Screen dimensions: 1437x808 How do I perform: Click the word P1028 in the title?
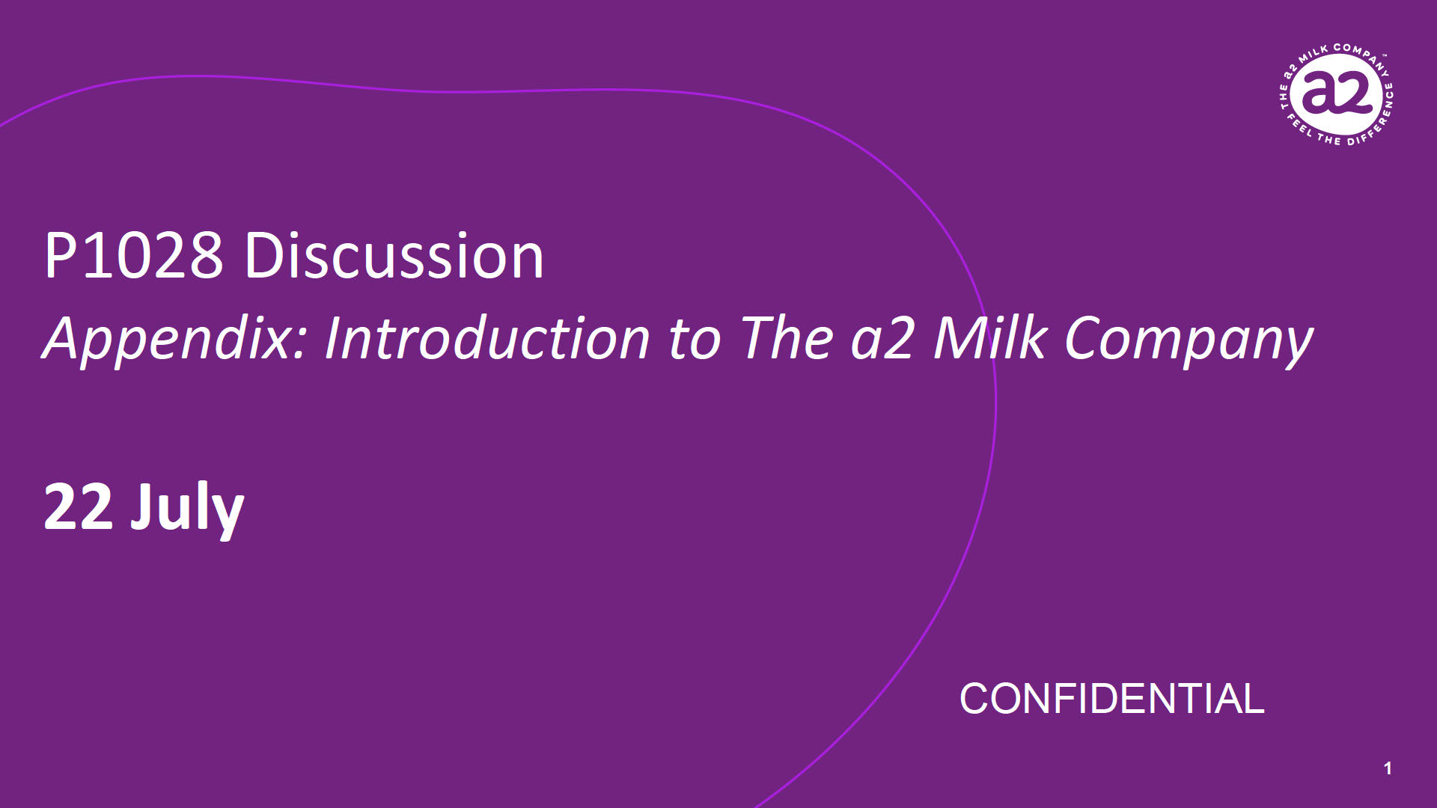click(x=134, y=256)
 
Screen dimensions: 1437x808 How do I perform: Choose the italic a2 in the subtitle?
click(x=882, y=339)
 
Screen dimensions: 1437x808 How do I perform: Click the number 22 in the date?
click(x=78, y=506)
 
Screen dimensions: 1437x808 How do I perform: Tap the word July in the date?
click(x=187, y=509)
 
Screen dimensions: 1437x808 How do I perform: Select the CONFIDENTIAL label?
click(x=1111, y=699)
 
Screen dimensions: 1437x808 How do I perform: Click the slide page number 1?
click(x=1388, y=768)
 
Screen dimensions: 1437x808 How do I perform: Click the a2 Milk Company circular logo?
click(x=1336, y=96)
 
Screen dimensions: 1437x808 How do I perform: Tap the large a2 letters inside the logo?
click(x=1336, y=94)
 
